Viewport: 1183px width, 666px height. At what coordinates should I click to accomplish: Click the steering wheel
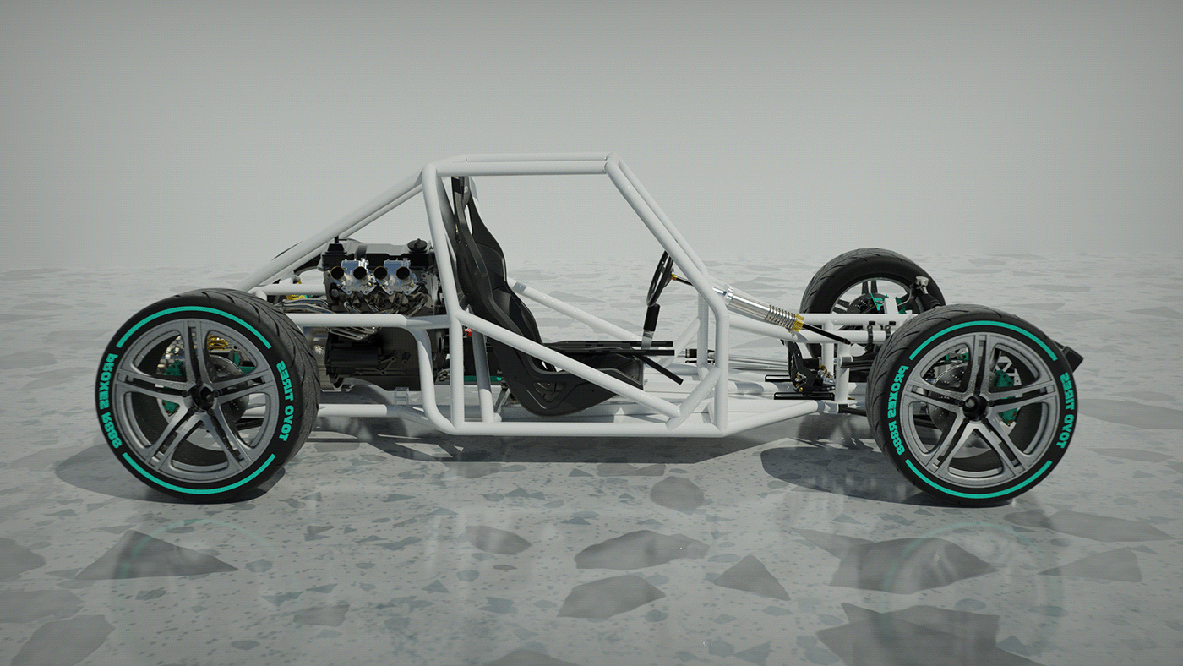pos(659,279)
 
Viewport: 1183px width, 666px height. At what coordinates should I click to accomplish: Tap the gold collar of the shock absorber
pos(785,320)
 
